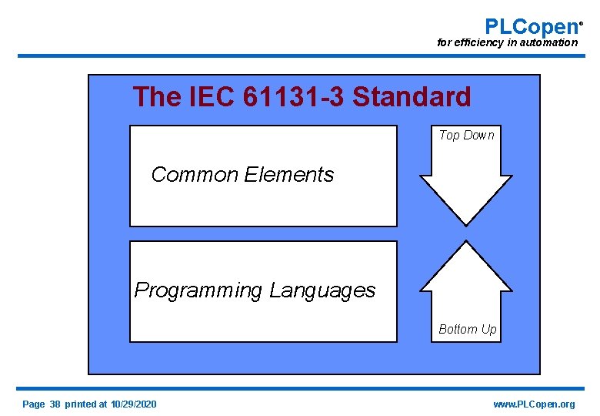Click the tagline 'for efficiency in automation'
click(507, 43)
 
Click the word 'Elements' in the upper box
click(289, 175)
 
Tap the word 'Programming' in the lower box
click(198, 290)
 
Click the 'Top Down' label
click(466, 136)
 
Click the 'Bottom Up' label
click(467, 330)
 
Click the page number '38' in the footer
click(55, 404)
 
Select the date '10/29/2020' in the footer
click(133, 404)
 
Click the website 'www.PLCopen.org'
click(534, 404)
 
